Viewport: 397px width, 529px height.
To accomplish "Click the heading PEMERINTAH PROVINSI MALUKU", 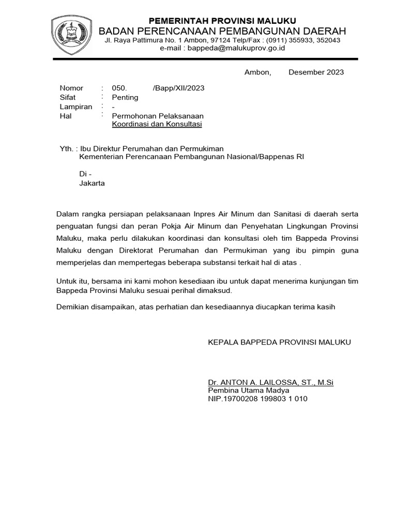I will click(x=222, y=21).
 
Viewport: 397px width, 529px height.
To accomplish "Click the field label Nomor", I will click(x=71, y=88).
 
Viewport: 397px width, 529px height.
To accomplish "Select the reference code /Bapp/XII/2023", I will click(x=179, y=88).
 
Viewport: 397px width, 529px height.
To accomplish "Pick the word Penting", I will click(x=125, y=98).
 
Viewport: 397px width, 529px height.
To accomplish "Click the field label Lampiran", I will click(x=75, y=107).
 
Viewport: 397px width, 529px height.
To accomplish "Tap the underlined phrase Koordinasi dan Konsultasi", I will click(x=157, y=125).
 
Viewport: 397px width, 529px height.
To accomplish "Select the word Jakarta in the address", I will click(x=92, y=183).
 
